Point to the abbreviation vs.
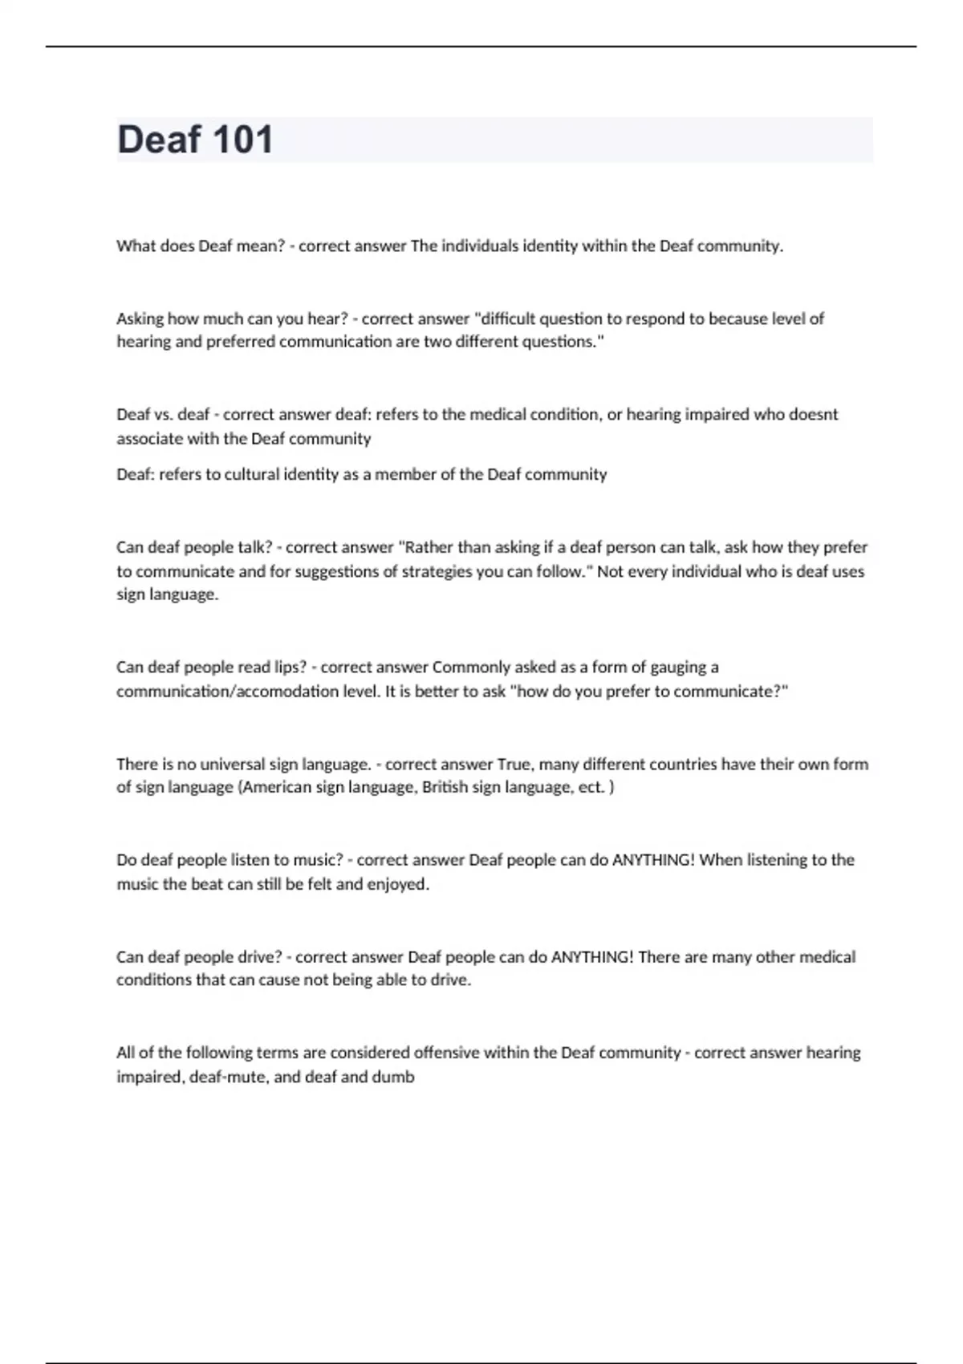[x=163, y=415]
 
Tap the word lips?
[x=291, y=668]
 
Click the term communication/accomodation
[x=227, y=692]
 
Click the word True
[x=514, y=764]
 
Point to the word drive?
[x=259, y=957]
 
